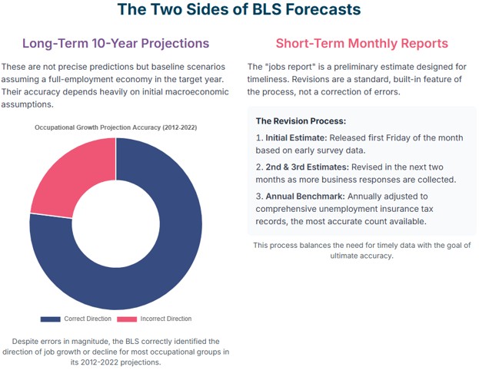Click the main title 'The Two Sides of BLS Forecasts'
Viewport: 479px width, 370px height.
239,11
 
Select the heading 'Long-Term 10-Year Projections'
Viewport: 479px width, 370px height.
115,43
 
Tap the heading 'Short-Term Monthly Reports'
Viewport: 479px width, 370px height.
361,43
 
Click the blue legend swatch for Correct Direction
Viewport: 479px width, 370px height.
50,319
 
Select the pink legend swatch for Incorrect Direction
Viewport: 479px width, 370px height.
127,319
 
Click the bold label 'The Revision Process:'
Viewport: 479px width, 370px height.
301,121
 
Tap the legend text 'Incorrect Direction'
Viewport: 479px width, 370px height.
165,319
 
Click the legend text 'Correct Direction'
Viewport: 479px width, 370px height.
87,319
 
